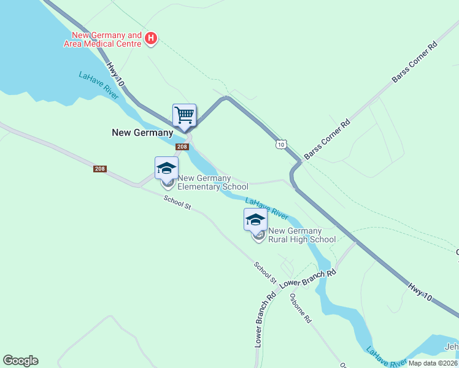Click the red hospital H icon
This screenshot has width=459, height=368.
(x=151, y=40)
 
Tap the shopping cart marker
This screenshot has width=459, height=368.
(x=184, y=115)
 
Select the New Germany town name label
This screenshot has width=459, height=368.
(x=142, y=132)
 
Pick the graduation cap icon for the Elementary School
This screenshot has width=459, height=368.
(x=166, y=168)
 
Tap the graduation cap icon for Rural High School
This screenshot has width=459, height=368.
(x=255, y=220)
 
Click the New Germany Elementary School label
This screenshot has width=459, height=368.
(x=212, y=182)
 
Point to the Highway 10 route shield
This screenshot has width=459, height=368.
(x=280, y=144)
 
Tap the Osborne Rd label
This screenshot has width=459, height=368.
(x=301, y=309)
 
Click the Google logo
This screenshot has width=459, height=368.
(x=20, y=361)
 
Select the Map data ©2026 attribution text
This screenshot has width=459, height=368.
(x=433, y=363)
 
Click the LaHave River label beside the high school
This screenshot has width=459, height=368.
(x=267, y=209)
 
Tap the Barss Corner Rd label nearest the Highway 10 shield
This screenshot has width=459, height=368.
(x=326, y=139)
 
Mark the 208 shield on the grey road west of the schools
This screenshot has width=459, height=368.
(x=101, y=169)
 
